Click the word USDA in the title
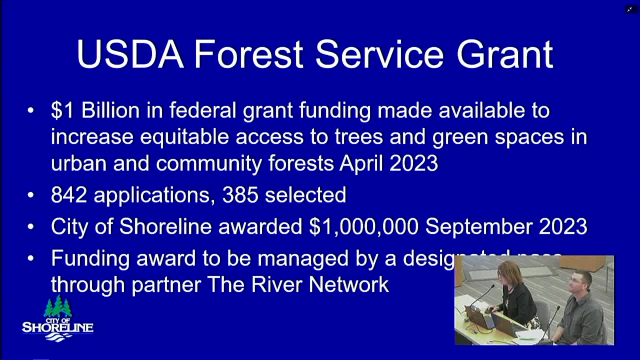130,54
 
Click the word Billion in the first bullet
110,110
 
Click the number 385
240,195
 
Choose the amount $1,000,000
363,226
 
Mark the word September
478,226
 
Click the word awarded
260,226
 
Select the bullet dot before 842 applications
31,195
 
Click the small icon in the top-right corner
629,9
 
